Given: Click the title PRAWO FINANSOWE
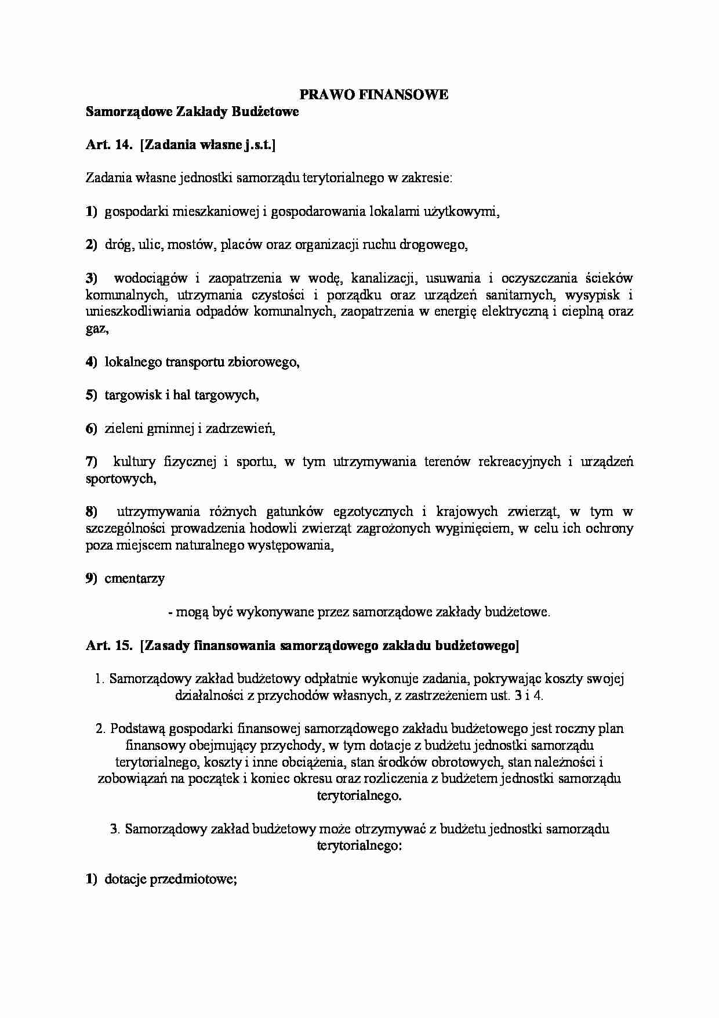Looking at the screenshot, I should (373, 95).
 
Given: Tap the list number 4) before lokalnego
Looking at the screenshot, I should (92, 362).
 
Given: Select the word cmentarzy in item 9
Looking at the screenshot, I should (135, 579).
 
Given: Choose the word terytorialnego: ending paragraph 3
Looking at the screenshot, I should (359, 846).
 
